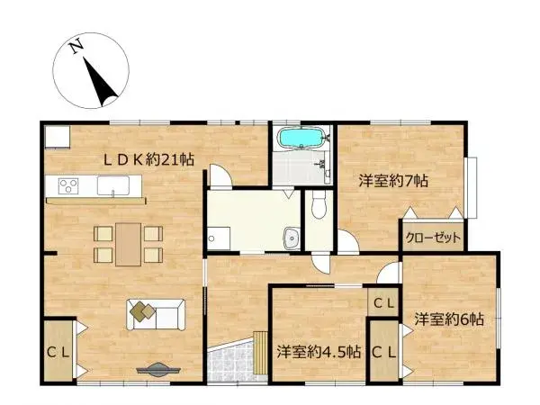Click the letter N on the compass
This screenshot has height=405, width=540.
78,45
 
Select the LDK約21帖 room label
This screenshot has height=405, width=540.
148,159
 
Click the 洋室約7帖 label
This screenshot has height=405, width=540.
392,180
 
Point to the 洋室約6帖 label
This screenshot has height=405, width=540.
449,319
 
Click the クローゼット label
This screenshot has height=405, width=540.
434,238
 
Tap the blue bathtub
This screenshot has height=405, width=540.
301,139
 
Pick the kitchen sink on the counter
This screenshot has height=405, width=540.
112,186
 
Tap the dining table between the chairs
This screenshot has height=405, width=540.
128,241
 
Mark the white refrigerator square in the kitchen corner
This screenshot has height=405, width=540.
58,136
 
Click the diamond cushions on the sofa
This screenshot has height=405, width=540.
141,310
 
